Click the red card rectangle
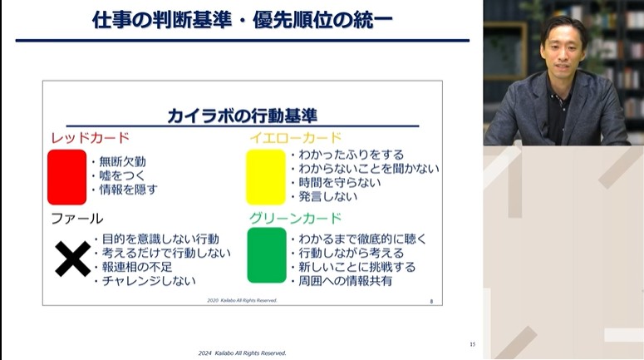point(66,177)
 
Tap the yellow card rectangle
point(266,177)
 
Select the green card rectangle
point(266,254)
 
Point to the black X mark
point(72,259)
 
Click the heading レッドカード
point(90,137)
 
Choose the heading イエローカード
point(296,137)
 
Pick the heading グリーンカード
point(295,219)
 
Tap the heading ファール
point(76,219)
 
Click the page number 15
point(472,344)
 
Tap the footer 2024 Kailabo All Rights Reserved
point(242,353)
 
